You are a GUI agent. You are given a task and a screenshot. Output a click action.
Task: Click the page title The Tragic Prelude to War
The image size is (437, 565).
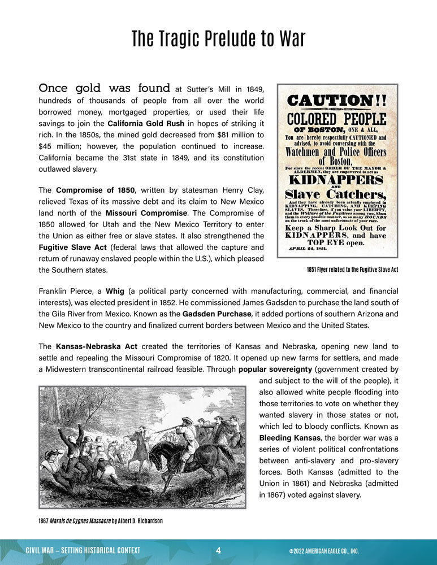tap(218, 39)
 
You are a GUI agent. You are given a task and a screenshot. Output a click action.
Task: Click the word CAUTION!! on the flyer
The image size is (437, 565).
tap(337, 101)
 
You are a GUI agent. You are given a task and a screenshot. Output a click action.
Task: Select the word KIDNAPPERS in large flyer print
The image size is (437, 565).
tap(338, 180)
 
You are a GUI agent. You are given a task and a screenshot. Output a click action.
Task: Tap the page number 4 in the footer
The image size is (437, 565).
tap(218, 550)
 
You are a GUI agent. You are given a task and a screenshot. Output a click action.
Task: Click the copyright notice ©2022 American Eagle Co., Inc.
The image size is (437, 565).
tap(323, 551)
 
